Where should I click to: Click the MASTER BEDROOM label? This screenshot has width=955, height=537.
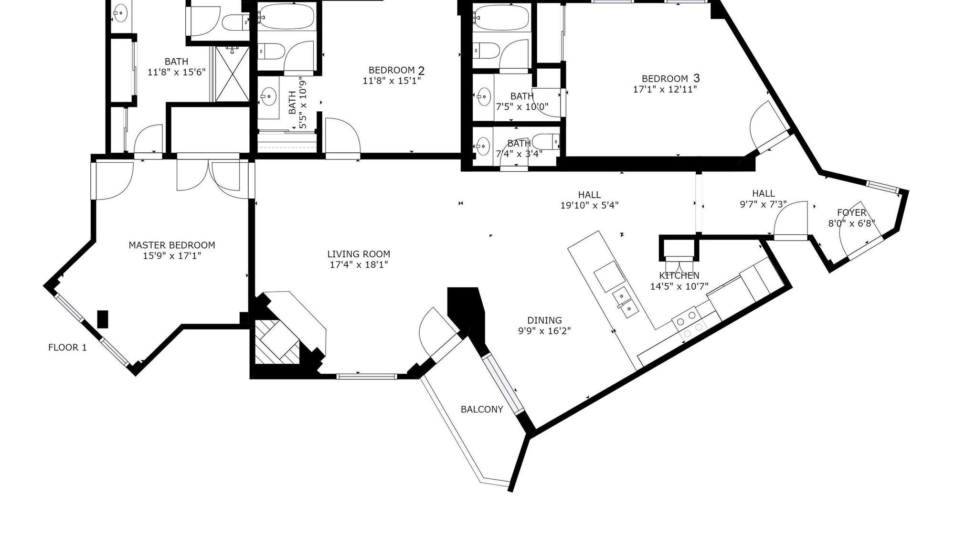click(x=172, y=245)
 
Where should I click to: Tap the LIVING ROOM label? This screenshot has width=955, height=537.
click(x=359, y=254)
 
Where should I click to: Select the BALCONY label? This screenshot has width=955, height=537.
click(x=482, y=409)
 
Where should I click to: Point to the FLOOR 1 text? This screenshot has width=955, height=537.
click(x=67, y=347)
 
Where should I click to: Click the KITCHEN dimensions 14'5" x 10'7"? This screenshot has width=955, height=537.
click(x=679, y=286)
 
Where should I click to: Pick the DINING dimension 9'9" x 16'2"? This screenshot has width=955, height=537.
click(x=544, y=331)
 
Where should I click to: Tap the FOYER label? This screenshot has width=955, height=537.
click(x=851, y=212)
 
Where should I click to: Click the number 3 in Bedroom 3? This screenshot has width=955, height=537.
click(x=696, y=78)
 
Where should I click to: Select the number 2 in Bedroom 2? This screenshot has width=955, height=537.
click(x=421, y=71)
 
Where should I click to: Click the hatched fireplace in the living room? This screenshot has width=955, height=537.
click(x=276, y=342)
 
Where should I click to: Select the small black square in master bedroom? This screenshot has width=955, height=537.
click(x=103, y=319)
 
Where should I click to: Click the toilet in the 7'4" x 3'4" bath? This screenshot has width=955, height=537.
click(x=544, y=142)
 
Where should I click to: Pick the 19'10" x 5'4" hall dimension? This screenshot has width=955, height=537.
click(x=589, y=206)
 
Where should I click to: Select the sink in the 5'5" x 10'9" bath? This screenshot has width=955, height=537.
click(x=268, y=99)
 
